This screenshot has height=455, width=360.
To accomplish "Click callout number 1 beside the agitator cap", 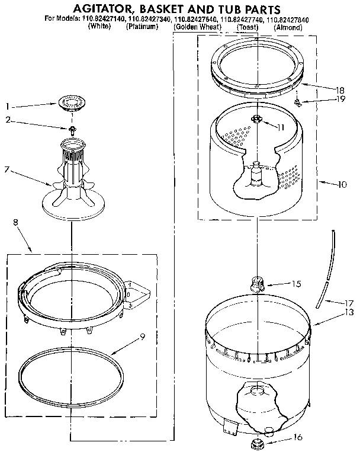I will click(x=8, y=107).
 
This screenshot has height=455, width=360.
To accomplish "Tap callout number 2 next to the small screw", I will click(x=8, y=120).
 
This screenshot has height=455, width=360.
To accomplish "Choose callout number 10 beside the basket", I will click(x=341, y=184).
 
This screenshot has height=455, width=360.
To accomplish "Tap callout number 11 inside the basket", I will click(x=281, y=127).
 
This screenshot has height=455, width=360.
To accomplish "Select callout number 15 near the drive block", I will click(x=296, y=284).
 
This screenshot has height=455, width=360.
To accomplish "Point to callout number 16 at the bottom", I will click(x=297, y=438).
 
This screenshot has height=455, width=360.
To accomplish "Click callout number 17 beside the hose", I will click(x=350, y=302).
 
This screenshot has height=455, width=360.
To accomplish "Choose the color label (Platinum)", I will click(x=142, y=28).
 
